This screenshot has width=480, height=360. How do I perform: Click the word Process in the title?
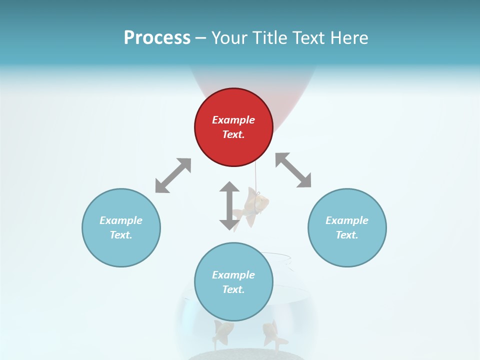[x=157, y=38]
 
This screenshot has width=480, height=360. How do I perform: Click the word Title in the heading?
[x=267, y=38]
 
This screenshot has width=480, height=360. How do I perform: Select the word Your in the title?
[x=227, y=38]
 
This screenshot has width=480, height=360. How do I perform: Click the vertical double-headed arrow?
[x=229, y=205]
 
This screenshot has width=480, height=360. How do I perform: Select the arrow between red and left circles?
[x=173, y=175]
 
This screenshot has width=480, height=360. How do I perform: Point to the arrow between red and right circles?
[x=293, y=170]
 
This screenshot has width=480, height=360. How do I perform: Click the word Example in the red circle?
[x=233, y=120]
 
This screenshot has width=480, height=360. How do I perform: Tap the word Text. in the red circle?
[x=233, y=134]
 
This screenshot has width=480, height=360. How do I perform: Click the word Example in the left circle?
[x=121, y=220]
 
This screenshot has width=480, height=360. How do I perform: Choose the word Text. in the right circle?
[x=347, y=235]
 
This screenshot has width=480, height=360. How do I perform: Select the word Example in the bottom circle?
[x=233, y=275]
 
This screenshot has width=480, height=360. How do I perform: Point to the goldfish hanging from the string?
[x=255, y=206]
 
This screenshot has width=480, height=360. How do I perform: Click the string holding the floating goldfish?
[x=256, y=178]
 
